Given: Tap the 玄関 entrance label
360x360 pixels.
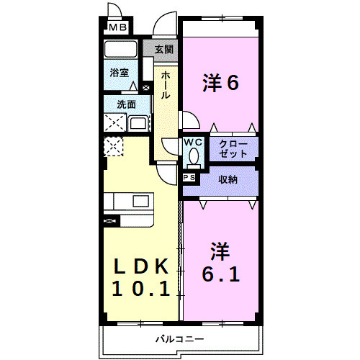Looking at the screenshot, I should click(163, 50).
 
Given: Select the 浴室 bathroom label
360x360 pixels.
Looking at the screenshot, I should click(120, 73).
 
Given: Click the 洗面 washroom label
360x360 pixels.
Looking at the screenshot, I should click(126, 104).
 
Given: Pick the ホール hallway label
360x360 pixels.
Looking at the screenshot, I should click(166, 85).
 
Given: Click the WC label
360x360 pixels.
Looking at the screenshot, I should click(193, 143).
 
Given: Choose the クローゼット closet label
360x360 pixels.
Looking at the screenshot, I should click(233, 149).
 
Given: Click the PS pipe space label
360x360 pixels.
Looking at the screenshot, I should click(189, 177).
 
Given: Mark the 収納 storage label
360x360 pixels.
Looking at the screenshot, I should click(229, 179).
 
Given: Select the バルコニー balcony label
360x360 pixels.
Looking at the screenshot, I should click(179, 338).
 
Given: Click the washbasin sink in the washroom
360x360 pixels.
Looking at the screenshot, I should click(138, 122).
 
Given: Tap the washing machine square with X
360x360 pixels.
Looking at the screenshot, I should click(114, 122).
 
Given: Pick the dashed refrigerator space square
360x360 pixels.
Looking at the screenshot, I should click(114, 147).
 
